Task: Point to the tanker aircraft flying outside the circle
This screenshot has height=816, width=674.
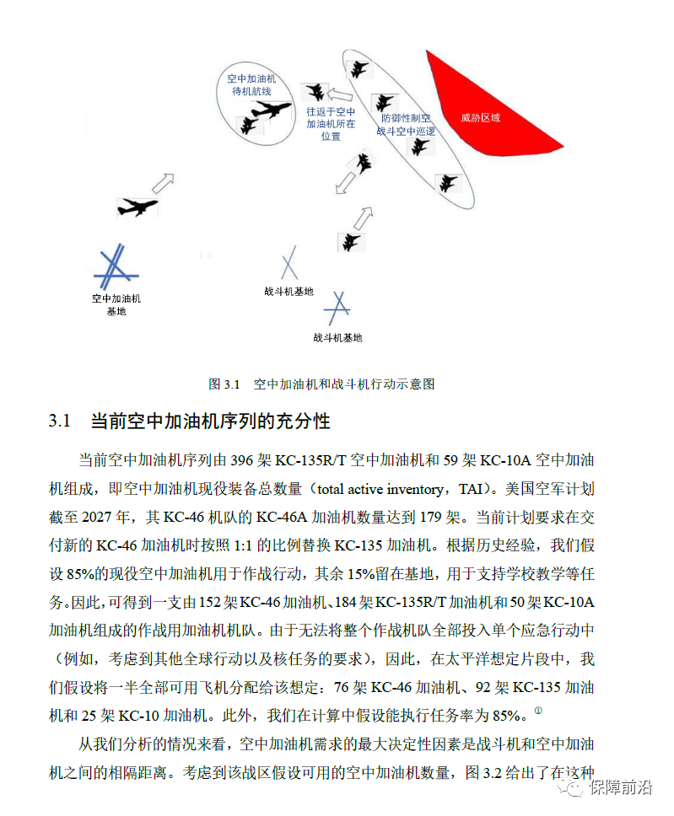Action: tap(137, 206)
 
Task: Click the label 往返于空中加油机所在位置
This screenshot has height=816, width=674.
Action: tap(331, 123)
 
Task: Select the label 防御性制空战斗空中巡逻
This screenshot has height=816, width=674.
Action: tap(407, 125)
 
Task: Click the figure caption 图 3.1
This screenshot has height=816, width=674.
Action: tap(224, 384)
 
